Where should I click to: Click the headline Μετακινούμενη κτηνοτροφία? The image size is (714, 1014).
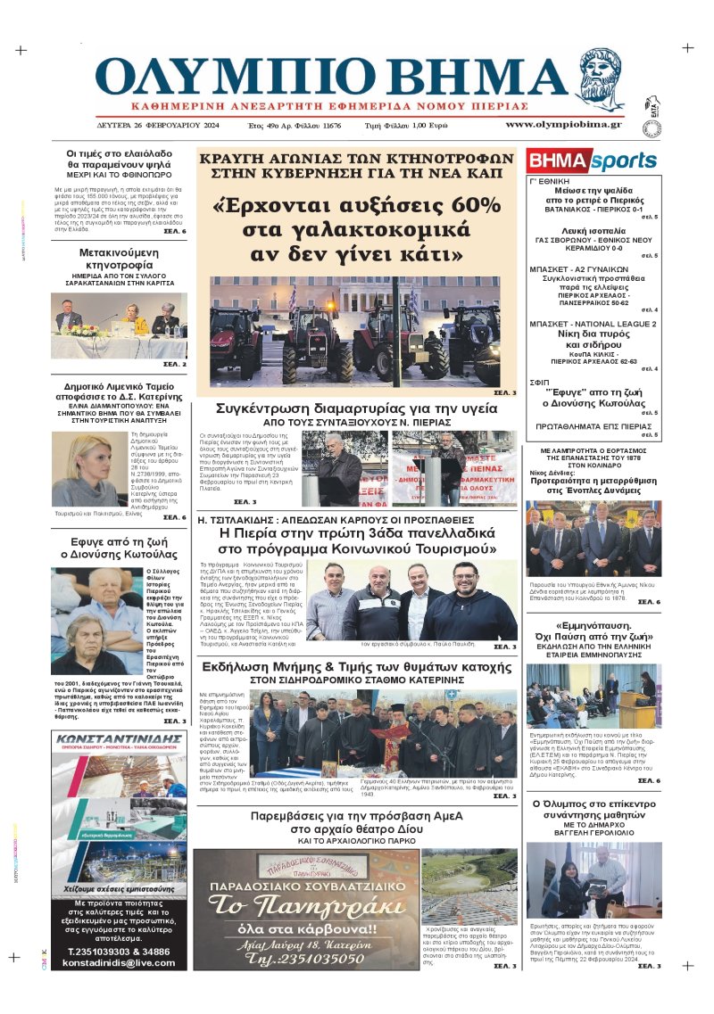point(119,259)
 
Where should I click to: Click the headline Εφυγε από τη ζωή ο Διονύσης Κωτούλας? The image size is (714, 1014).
point(119,547)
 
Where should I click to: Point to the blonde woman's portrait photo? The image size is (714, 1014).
point(86,470)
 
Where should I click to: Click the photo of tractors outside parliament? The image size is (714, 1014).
point(356,330)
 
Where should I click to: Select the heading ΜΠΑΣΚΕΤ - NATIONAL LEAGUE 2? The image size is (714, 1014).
point(593,324)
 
